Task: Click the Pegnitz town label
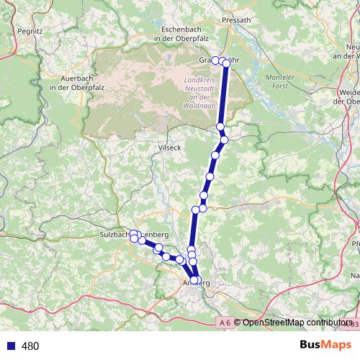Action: [32, 31]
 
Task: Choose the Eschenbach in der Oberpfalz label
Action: [180, 33]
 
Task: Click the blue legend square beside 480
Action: [9, 346]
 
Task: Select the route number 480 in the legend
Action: [30, 346]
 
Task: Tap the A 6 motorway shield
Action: [224, 323]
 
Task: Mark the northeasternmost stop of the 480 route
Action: [227, 63]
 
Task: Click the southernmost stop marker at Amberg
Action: [194, 280]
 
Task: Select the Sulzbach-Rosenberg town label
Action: [135, 235]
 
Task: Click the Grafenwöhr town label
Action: [217, 60]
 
